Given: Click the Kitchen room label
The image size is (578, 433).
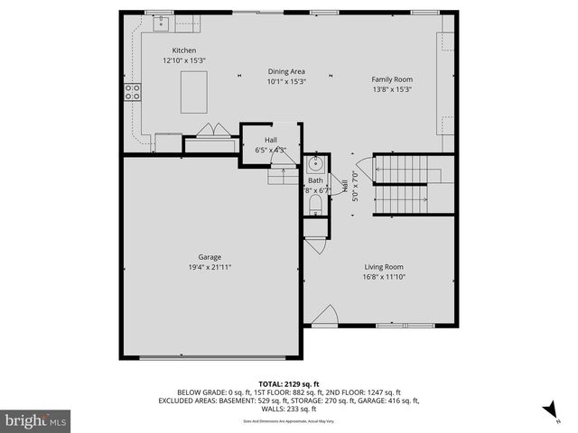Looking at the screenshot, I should tap(184, 51).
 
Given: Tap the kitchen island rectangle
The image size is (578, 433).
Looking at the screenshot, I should tap(193, 91).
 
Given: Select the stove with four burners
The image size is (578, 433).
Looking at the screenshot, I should tap(133, 91).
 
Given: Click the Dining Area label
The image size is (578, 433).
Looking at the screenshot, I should tap(285, 71).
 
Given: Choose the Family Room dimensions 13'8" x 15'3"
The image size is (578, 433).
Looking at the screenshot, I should tap(392, 89).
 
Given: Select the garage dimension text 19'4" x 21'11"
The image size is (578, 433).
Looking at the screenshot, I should tap(210, 267).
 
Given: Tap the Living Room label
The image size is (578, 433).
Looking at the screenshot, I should tap(384, 267).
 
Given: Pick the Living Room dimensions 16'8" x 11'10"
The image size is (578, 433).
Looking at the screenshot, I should tap(384, 277).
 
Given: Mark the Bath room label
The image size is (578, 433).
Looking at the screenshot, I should tap(315, 180).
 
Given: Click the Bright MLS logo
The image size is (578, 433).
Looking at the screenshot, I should tap(36, 420).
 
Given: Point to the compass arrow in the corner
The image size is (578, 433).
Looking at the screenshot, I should tap(549, 412).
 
